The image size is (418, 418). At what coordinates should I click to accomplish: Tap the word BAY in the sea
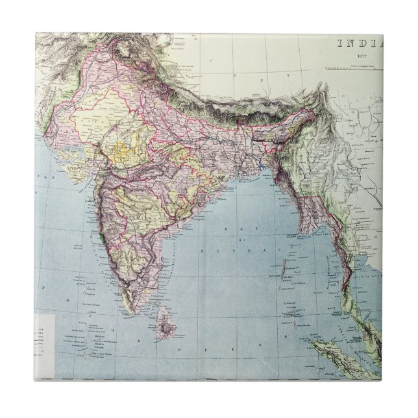[x=230, y=229]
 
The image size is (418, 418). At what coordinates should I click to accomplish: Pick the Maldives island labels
[x=92, y=341]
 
